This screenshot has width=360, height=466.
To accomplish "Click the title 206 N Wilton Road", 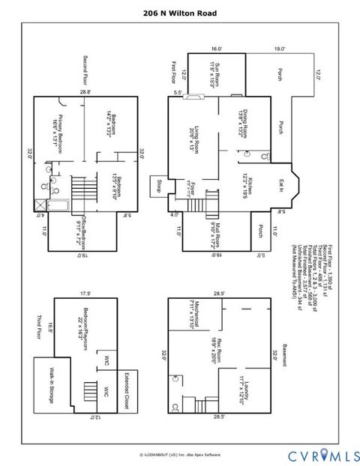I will click(x=180, y=13).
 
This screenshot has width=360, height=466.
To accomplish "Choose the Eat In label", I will click(x=281, y=184).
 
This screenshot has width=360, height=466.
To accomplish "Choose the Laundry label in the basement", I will click(x=248, y=395).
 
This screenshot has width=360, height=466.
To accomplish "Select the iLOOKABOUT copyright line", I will click(x=180, y=455).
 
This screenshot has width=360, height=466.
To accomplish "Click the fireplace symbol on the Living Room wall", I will click(x=193, y=97).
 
